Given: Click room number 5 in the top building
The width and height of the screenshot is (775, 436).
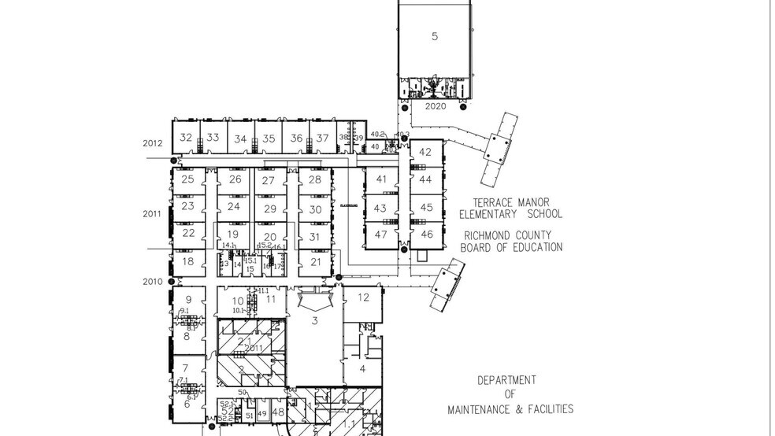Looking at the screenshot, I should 435,36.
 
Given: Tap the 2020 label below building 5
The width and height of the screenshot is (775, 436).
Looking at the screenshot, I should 436,106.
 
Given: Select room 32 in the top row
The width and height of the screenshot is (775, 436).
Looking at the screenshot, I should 186,137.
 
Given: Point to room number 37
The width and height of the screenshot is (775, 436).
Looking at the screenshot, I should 322,139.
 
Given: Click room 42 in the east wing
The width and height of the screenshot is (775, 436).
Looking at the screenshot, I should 425,152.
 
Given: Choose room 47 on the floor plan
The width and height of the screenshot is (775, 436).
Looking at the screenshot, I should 381,235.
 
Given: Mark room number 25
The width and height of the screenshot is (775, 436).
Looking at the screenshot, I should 187,179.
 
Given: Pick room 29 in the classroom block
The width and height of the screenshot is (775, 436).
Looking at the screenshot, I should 270,209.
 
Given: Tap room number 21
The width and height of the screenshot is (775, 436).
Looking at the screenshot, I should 316,262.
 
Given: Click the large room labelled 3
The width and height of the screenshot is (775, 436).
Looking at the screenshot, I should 314,320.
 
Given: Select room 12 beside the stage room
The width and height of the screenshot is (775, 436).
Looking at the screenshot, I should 363,297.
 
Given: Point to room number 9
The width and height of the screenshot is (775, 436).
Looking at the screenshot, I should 188,300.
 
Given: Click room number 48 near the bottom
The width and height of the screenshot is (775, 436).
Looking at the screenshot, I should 277,412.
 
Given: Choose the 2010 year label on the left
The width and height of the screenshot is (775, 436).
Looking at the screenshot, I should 152,282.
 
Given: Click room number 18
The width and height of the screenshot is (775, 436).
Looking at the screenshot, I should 187,262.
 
